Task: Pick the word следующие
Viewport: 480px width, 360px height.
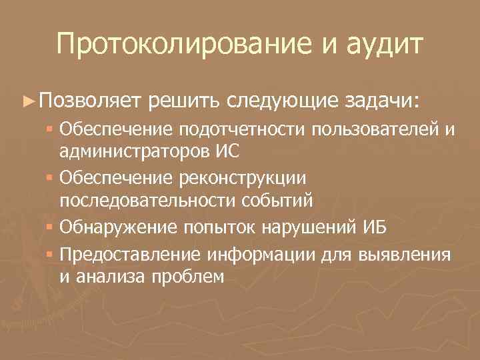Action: [284, 101]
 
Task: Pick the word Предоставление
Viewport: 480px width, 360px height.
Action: [130, 254]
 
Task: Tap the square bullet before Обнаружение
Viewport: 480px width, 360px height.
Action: [51, 227]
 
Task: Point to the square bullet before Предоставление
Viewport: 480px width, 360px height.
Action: [51, 254]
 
